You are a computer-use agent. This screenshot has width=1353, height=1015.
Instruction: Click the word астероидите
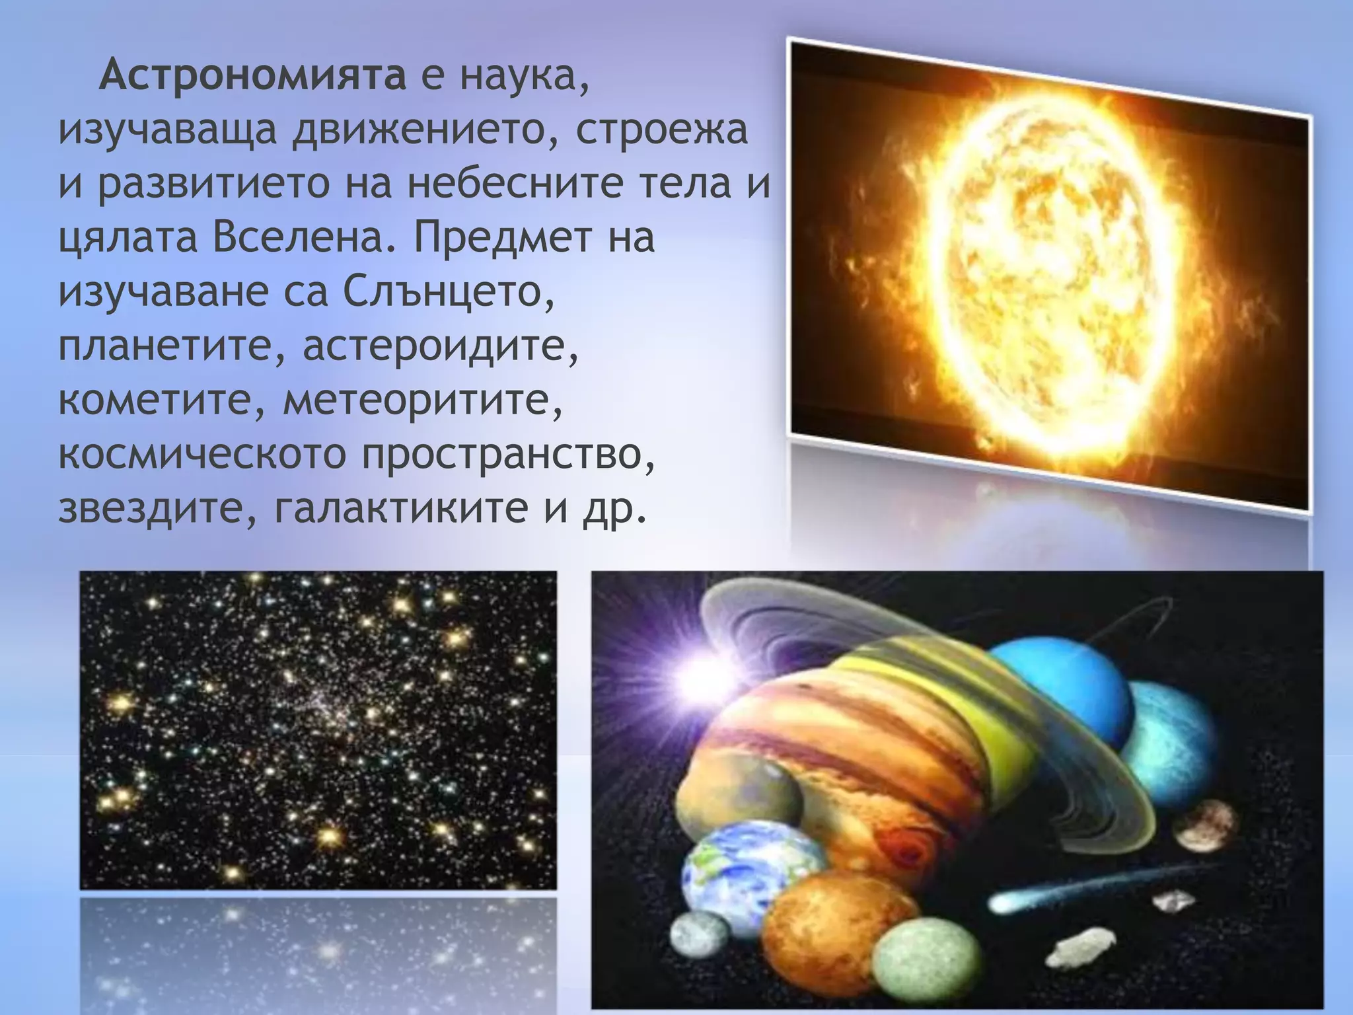[x=440, y=346]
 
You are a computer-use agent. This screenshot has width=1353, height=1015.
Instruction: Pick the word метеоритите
[x=422, y=400]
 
